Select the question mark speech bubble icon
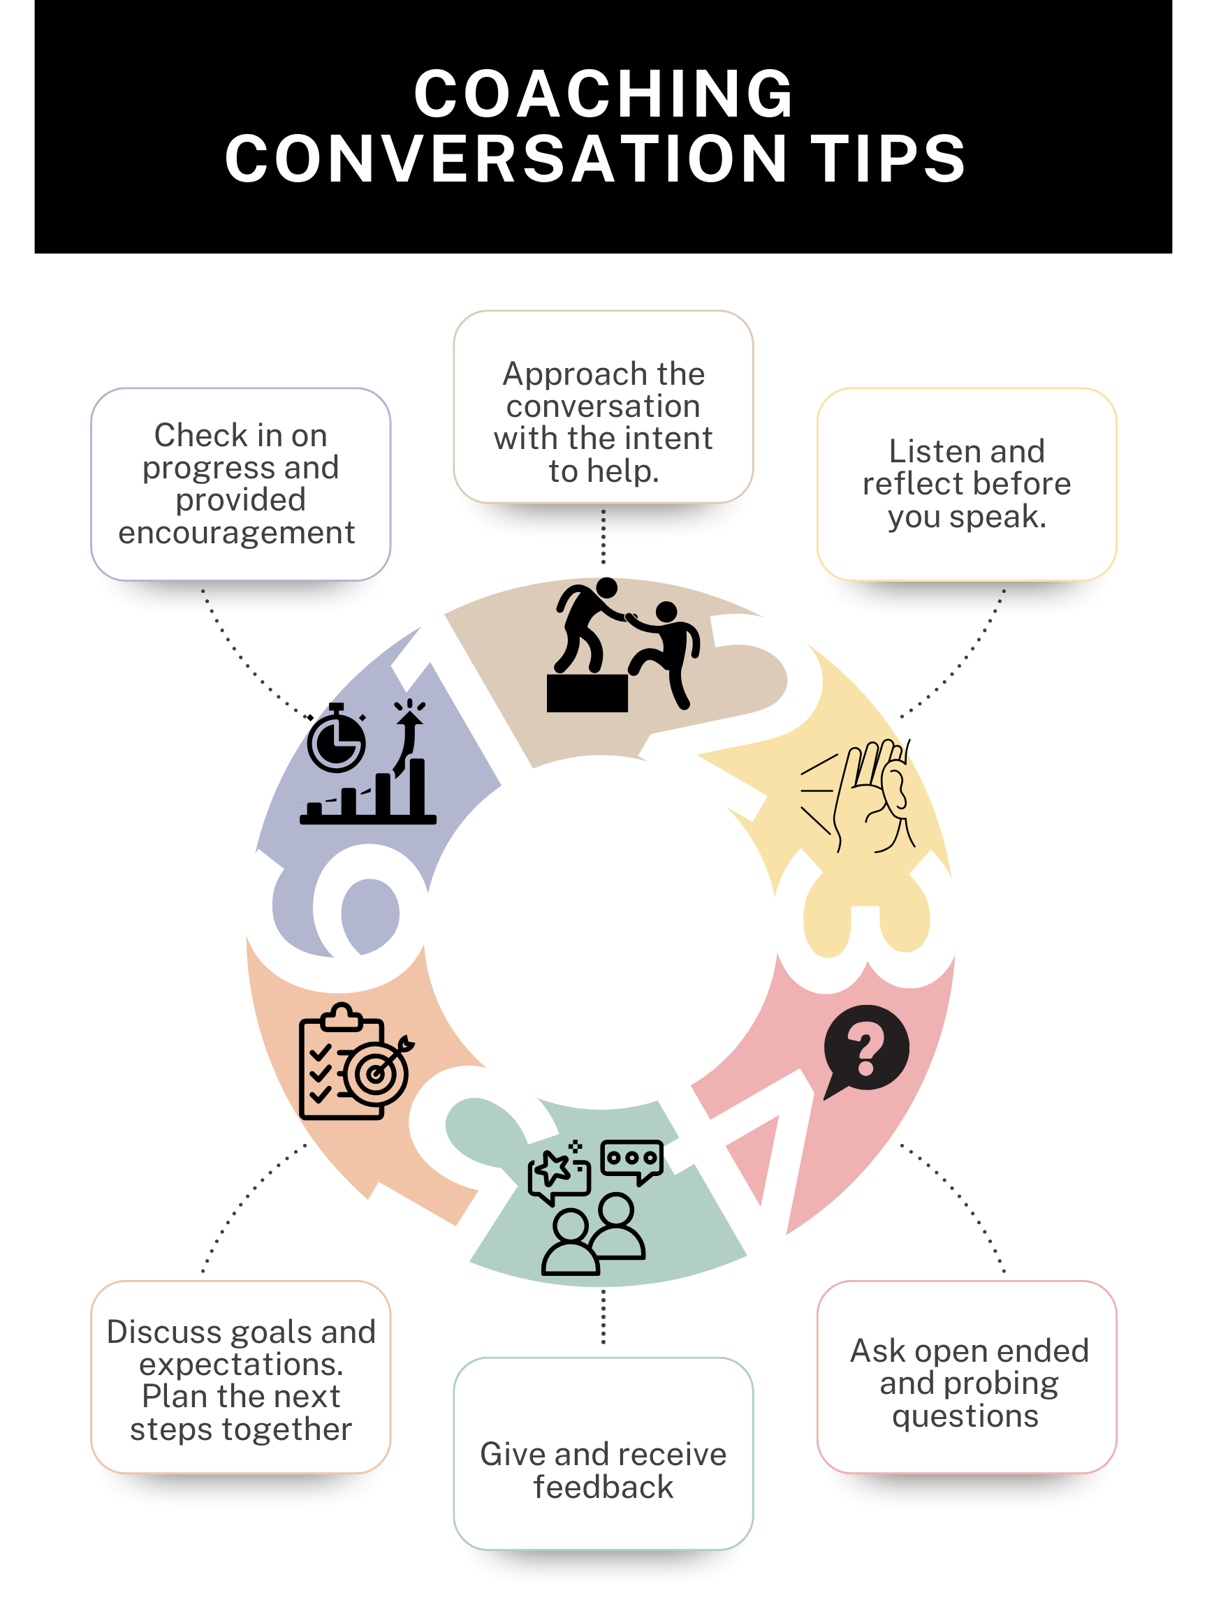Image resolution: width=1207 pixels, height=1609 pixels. pyautogui.click(x=865, y=1050)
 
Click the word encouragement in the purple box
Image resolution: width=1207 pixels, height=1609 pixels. pyautogui.click(x=237, y=533)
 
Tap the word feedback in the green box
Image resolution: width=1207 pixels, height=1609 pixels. pyautogui.click(x=603, y=1487)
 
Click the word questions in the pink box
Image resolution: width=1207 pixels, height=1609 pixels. pyautogui.click(x=965, y=1416)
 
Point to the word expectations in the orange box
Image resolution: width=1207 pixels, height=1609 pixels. pyautogui.click(x=241, y=1365)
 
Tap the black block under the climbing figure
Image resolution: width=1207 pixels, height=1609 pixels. pyautogui.click(x=587, y=693)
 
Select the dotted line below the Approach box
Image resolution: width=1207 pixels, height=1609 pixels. pyautogui.click(x=603, y=537)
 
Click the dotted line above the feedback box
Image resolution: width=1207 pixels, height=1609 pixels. pyautogui.click(x=603, y=1317)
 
